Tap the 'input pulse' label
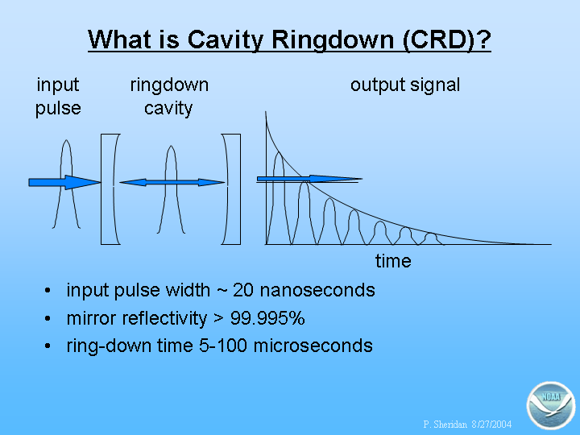tap(58, 97)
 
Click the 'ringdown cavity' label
tap(169, 97)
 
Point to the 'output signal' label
tap(405, 85)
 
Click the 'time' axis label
tap(393, 261)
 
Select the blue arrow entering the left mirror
tap(64, 182)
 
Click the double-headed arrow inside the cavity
tap(172, 182)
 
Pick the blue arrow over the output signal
tap(309, 179)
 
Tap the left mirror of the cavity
tap(110, 189)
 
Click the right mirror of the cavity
tap(231, 189)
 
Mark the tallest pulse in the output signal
tap(279, 199)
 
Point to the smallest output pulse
tap(430, 239)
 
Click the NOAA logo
tap(551, 405)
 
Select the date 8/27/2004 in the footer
tap(491, 425)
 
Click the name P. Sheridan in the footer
tap(445, 425)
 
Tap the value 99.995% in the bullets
tap(267, 318)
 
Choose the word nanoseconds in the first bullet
tap(317, 290)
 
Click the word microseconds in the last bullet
tap(313, 346)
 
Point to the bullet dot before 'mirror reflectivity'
tap(48, 318)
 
